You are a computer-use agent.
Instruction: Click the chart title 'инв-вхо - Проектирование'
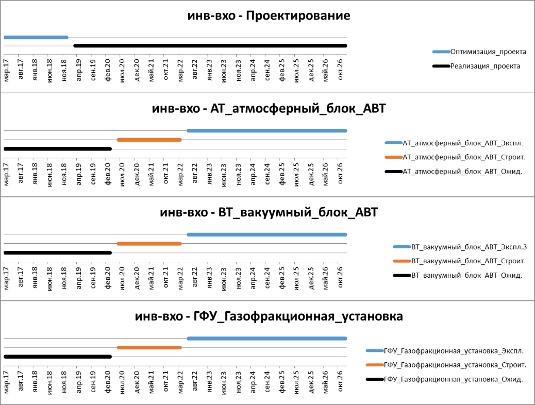269,16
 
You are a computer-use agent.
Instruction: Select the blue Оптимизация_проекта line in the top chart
36,37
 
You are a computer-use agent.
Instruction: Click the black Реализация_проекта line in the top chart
210,46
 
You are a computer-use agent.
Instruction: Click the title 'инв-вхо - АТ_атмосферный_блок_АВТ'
269,109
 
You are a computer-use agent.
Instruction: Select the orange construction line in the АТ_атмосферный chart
149,140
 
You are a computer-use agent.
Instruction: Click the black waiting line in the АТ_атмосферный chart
57,149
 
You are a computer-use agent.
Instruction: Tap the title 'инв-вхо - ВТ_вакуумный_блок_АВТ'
269,212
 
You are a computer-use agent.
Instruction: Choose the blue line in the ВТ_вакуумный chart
267,234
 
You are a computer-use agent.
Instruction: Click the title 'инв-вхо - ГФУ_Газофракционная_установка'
269,316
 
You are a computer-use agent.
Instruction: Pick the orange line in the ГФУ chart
149,348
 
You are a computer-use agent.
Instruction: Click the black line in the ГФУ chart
57,357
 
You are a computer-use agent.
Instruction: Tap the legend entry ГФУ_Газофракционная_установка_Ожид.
454,379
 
